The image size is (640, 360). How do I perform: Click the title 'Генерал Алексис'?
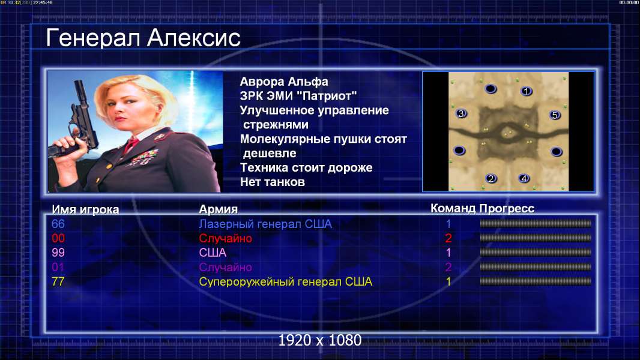(x=143, y=38)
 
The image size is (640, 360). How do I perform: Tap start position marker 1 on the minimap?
(x=526, y=91)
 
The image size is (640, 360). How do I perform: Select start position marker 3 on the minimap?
(x=461, y=113)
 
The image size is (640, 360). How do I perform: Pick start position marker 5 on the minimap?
(x=555, y=115)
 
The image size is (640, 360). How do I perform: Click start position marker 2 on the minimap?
(x=491, y=178)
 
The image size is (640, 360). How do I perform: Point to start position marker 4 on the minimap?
(x=524, y=178)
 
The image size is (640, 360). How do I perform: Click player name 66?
(x=58, y=224)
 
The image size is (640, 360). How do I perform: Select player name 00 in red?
(x=58, y=238)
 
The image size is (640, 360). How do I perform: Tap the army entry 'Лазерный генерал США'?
(x=265, y=224)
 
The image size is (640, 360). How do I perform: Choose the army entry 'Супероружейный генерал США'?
(x=285, y=282)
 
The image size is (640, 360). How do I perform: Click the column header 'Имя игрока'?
(x=85, y=209)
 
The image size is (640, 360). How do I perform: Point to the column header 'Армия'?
(x=218, y=209)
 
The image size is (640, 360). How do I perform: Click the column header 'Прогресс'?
(x=507, y=208)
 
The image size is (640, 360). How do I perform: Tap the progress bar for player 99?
(x=536, y=253)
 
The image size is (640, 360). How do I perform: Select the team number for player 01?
(x=448, y=267)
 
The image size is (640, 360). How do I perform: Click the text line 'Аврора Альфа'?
(x=283, y=82)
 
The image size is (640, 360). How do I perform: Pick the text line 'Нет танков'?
(x=272, y=182)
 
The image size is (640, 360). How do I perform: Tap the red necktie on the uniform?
(x=131, y=145)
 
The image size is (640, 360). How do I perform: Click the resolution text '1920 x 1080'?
(x=320, y=340)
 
